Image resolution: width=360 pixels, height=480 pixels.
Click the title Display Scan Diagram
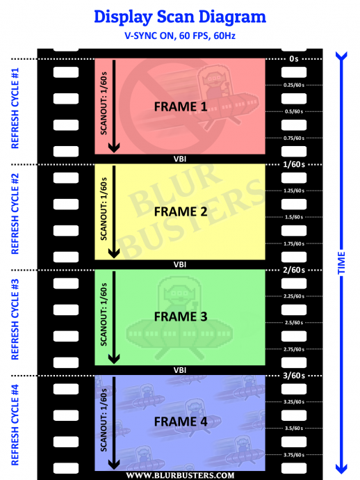click(180, 17)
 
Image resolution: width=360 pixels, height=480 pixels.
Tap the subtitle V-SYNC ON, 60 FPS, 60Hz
click(180, 35)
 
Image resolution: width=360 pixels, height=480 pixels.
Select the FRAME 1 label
click(181, 106)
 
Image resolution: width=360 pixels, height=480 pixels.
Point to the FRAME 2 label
click(181, 212)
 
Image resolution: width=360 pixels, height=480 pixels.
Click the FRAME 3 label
click(181, 317)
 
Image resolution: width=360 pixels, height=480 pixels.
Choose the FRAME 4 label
click(181, 422)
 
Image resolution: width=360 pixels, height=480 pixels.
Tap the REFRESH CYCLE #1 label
click(15, 108)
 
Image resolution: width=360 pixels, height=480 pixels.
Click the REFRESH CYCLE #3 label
click(15, 319)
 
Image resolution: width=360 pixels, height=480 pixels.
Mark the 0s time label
click(294, 58)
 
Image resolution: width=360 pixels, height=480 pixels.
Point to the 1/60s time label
click(294, 164)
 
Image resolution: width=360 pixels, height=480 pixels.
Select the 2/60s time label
click(294, 270)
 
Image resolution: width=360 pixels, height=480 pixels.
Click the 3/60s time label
click(294, 376)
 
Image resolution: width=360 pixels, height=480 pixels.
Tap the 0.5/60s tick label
click(294, 111)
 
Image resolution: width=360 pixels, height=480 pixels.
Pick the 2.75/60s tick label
click(294, 349)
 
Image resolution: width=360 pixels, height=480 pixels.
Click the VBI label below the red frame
click(180, 159)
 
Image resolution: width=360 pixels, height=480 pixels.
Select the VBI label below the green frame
click(180, 370)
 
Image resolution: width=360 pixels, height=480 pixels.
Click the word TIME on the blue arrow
click(341, 263)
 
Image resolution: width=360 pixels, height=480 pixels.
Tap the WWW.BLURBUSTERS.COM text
click(180, 475)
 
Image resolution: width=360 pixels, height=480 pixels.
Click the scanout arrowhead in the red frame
click(114, 147)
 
